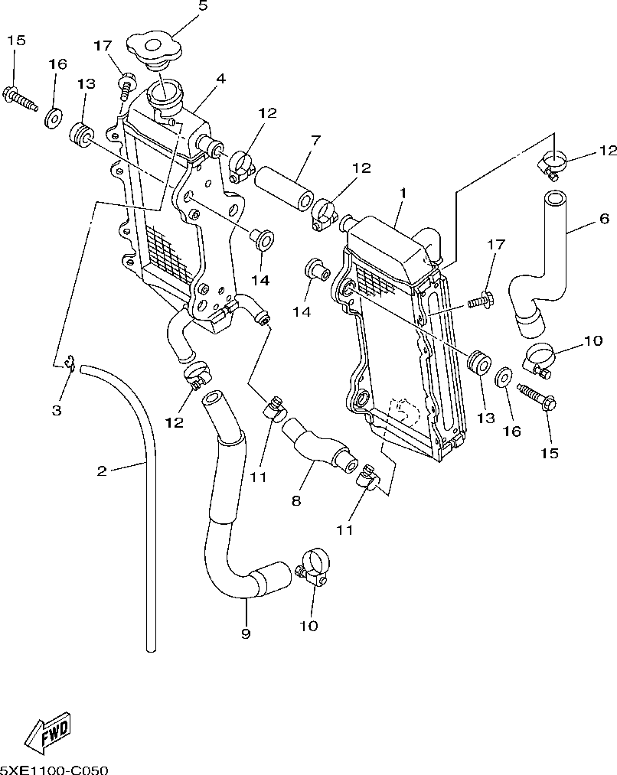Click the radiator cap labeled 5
155,49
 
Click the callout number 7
315,140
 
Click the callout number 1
403,192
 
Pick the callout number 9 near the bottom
246,633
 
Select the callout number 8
295,500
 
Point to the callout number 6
604,218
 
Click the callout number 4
220,79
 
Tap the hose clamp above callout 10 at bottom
312,566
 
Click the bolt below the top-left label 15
20,99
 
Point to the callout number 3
57,410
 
